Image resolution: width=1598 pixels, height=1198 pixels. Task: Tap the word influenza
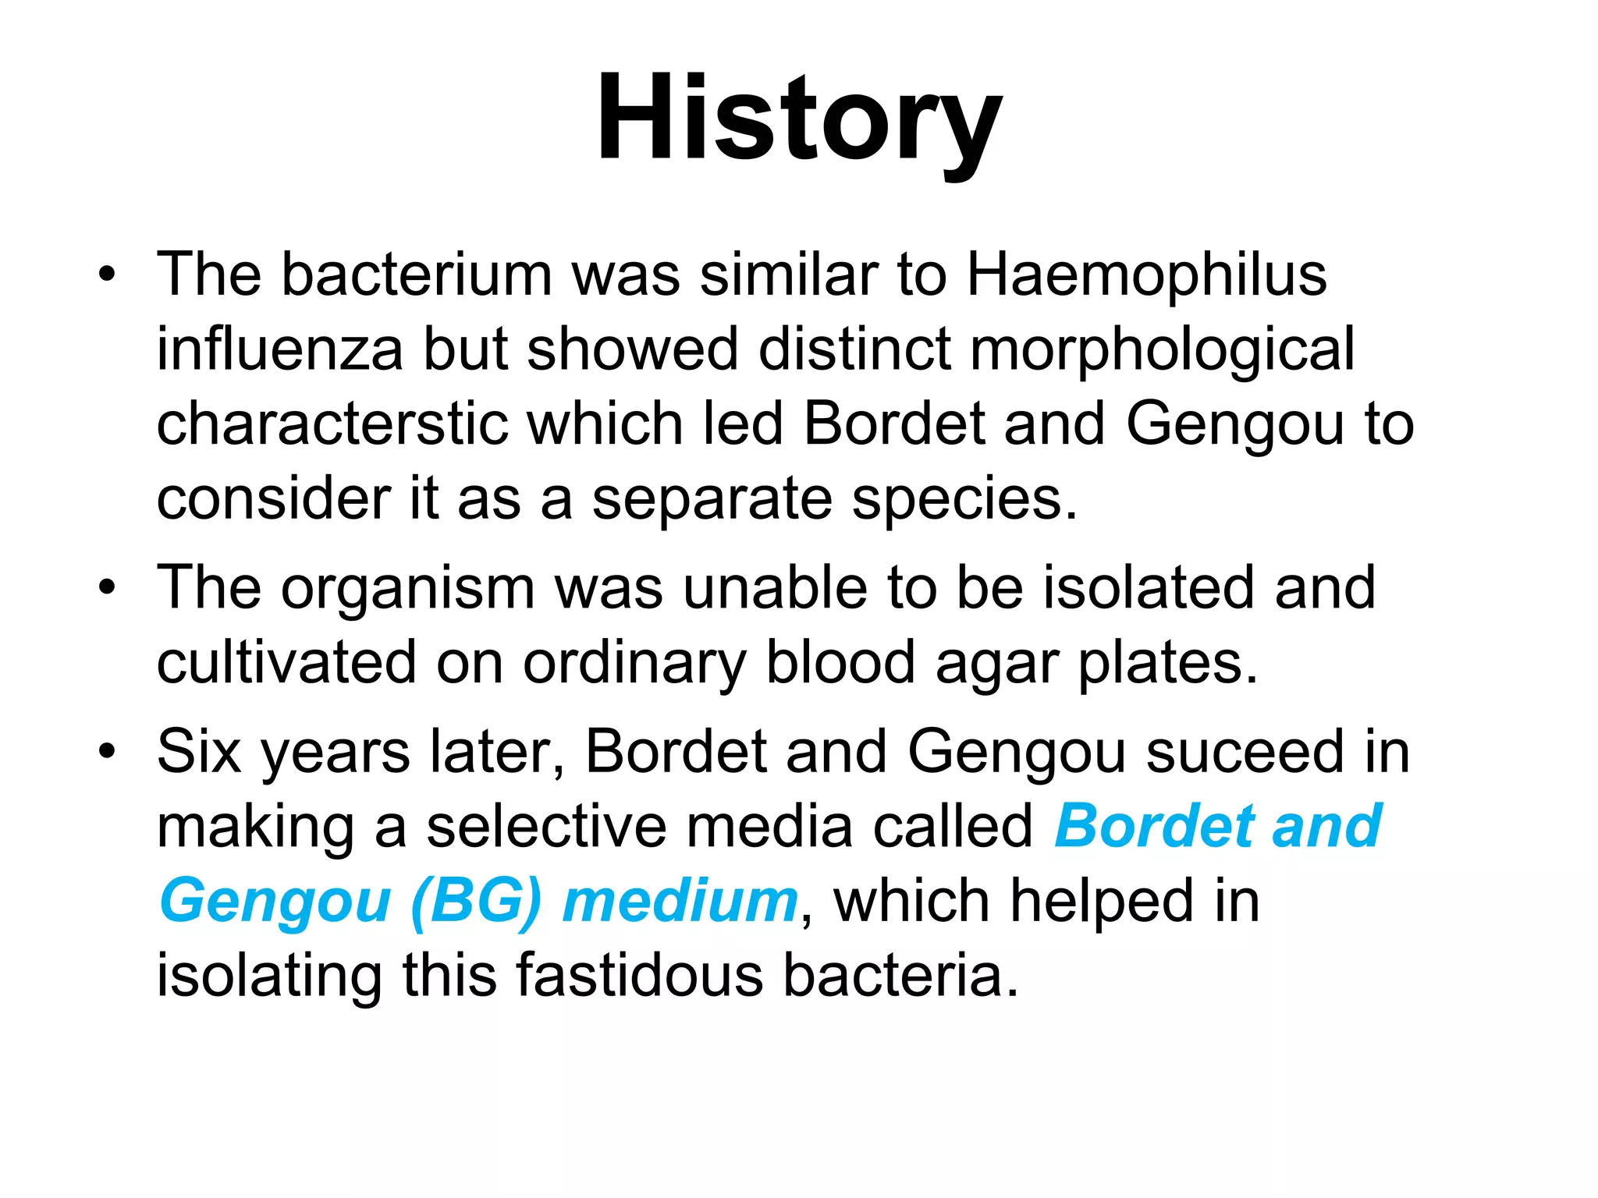pyautogui.click(x=279, y=349)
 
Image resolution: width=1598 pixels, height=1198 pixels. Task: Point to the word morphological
pyautogui.click(x=1162, y=350)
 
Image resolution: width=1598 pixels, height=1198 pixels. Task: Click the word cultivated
pyautogui.click(x=286, y=662)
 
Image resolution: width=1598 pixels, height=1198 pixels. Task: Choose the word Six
pyautogui.click(x=198, y=752)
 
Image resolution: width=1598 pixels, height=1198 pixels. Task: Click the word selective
pyautogui.click(x=546, y=826)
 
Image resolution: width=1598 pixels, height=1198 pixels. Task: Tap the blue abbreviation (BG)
pyautogui.click(x=475, y=902)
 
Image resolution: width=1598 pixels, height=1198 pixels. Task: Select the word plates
pyautogui.click(x=1167, y=664)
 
